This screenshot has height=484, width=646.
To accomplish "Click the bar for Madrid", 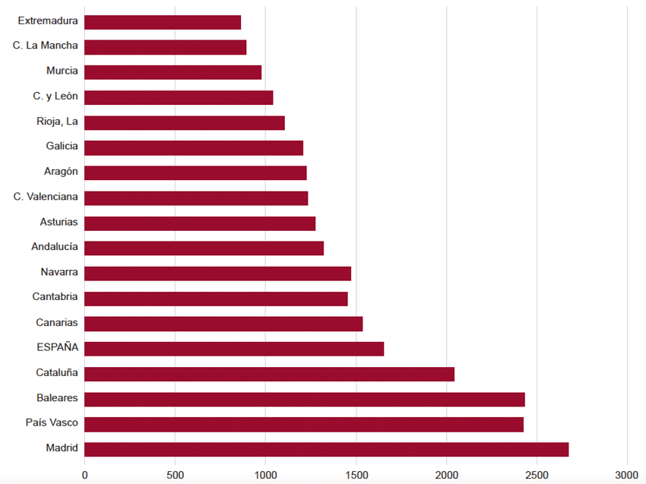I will tap(327, 449).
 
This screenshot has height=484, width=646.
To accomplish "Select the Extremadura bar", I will tap(163, 22).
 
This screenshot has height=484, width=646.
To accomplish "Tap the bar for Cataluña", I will tap(269, 374).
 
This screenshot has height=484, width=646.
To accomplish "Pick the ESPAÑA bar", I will tap(234, 349).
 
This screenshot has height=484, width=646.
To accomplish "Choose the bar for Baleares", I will tap(305, 399).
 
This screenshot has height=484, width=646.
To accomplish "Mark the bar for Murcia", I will tap(173, 72).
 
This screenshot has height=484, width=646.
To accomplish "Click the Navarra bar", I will tap(218, 274).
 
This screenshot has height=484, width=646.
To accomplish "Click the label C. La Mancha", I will tap(46, 46).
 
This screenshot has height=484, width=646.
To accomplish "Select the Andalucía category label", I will tap(55, 247).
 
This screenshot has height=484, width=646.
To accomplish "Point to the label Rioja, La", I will tap(57, 122).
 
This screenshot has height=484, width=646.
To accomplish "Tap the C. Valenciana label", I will tap(46, 197).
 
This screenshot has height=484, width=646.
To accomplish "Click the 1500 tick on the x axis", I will tap(356, 474).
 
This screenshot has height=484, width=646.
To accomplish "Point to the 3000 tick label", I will tap(627, 474).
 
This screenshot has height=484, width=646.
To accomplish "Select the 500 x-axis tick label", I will tap(175, 474).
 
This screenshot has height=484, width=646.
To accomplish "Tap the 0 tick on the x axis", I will tap(84, 474).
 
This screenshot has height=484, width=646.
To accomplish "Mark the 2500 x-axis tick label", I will tap(537, 474).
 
